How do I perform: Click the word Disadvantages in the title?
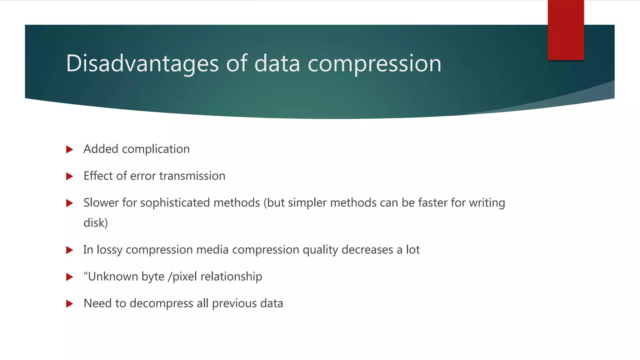click(x=142, y=64)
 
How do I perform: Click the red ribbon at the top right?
click(x=566, y=30)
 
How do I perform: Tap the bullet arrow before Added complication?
click(x=70, y=149)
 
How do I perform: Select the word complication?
click(x=156, y=149)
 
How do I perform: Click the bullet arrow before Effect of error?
click(x=70, y=176)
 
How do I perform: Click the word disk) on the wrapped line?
click(x=96, y=223)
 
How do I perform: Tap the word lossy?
click(x=109, y=250)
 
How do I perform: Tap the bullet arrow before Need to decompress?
click(x=70, y=304)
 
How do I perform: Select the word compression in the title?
click(x=374, y=64)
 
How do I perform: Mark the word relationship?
click(x=231, y=277)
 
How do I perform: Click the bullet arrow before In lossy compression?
click(x=70, y=250)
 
